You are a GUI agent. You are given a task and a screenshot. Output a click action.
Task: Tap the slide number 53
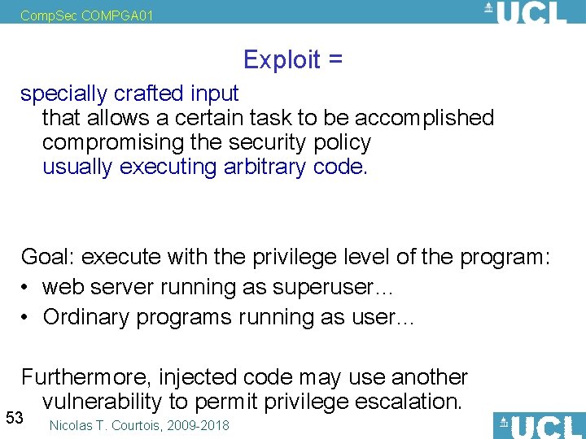click(14, 418)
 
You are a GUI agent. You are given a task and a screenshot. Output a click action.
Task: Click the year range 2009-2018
click(202, 425)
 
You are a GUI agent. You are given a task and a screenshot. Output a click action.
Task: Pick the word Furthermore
click(86, 377)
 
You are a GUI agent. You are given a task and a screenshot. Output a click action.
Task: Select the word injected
click(203, 377)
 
